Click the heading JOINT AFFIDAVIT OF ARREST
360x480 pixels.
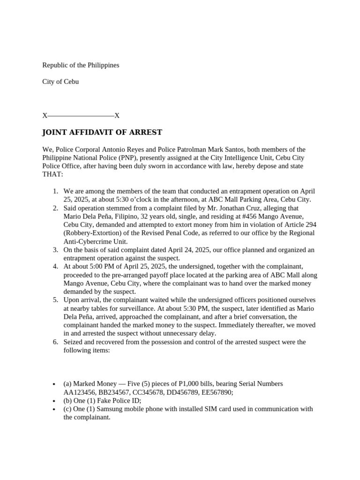point(102,132)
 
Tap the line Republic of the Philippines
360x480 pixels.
point(81,65)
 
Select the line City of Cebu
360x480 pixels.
point(60,82)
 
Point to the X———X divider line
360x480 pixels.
point(81,115)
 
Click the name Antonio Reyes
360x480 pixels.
point(119,150)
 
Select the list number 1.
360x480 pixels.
point(55,191)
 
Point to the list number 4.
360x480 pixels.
point(55,266)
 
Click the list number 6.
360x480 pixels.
point(55,342)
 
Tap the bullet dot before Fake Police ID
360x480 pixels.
point(55,401)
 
